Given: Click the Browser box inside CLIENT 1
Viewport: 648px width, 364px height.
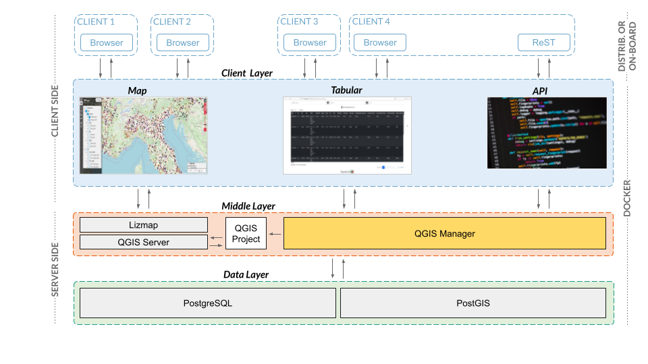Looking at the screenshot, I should coord(107,42).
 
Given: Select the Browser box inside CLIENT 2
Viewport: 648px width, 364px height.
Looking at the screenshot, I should coord(183,42).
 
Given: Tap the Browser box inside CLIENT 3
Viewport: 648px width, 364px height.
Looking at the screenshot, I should coord(310,42).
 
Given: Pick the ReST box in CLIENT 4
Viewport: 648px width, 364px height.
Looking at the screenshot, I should coord(543,42).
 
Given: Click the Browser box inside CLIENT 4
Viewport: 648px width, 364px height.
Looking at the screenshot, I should coord(380,42).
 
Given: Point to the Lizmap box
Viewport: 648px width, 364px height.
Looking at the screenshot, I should coord(143,225).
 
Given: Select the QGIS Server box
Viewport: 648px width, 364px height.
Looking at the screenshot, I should coord(143,242).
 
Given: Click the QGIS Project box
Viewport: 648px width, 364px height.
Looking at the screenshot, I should coord(246,234).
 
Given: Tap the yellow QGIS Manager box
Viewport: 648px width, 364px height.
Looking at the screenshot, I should coord(444,234).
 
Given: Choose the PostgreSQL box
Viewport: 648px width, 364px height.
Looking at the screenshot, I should coord(207,303).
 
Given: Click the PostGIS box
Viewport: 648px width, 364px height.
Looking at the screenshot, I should coord(473,303).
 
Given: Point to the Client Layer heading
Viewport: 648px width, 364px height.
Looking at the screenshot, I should coord(246,73).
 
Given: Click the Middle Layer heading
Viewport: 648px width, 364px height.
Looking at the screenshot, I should coord(248,206).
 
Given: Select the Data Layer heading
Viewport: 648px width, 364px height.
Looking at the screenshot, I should coord(246,274).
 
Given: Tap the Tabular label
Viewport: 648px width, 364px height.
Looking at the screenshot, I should coord(346,90).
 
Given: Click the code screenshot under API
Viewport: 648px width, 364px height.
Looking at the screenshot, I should coord(547,133).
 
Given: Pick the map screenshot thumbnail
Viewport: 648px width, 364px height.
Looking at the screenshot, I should coord(143,135).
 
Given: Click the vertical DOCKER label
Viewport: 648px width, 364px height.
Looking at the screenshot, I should coord(627,198).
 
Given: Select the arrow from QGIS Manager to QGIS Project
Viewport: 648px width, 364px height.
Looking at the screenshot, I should coord(275,234).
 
